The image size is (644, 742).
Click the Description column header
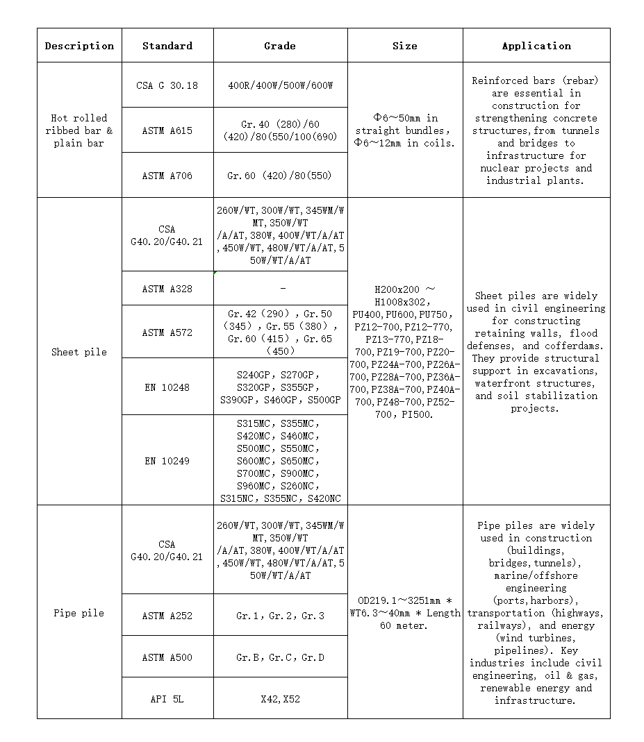point(79,46)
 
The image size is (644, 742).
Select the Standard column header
point(167,46)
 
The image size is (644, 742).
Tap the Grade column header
point(280,46)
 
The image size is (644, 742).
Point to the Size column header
point(405,46)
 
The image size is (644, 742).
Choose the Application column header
point(536,46)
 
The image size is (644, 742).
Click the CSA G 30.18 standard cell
point(167,85)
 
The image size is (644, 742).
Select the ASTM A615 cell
point(167,130)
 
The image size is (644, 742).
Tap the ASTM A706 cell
point(167,176)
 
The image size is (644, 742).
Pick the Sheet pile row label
point(79,352)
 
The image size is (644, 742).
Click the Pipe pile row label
point(79,613)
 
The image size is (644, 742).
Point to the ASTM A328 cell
point(167,289)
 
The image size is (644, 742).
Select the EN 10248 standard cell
point(167,387)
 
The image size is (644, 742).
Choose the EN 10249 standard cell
point(167,461)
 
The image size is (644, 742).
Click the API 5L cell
point(167,699)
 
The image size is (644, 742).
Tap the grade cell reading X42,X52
point(280,699)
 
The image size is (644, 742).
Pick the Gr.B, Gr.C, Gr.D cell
point(280,657)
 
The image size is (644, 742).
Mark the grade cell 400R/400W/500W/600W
point(280,85)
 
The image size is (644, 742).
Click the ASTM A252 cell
point(167,616)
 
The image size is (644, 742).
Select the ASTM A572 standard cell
point(167,332)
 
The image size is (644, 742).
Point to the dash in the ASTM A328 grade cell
point(283,288)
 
